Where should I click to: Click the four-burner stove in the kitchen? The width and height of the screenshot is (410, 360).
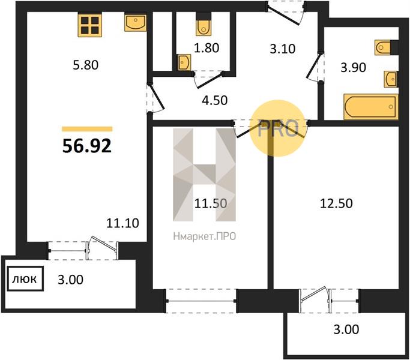[x=89, y=25]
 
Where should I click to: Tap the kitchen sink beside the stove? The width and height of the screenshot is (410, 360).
[x=135, y=22]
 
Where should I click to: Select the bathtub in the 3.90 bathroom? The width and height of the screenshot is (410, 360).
[x=371, y=107]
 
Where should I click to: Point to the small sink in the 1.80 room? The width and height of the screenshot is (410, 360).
[x=184, y=62]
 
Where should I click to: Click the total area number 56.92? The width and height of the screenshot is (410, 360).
[x=87, y=146]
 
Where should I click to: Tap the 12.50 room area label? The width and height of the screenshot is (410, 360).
[x=336, y=203]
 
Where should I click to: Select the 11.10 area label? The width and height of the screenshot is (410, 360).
[x=122, y=223]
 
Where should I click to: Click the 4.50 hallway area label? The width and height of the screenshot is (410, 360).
[x=215, y=100]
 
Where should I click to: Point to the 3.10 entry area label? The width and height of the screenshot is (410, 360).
[x=283, y=49]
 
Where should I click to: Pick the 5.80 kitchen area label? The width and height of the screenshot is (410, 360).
[x=85, y=65]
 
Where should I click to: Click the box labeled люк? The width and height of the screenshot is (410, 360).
[x=25, y=278]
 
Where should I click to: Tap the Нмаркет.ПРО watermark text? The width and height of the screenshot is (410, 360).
[x=205, y=236]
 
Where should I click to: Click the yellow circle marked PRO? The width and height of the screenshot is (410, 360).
[x=277, y=128]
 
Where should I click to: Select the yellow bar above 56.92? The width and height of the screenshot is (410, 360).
[x=87, y=129]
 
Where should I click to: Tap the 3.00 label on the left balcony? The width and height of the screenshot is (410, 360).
[x=70, y=280]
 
